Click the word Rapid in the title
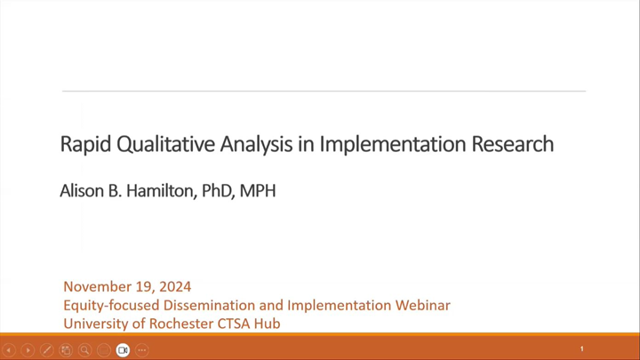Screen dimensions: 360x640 [81, 144]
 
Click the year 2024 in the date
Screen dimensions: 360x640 [173, 287]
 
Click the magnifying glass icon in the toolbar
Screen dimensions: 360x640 [84, 350]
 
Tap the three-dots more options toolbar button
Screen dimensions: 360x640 [142, 350]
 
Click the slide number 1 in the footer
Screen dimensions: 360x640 [582, 349]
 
